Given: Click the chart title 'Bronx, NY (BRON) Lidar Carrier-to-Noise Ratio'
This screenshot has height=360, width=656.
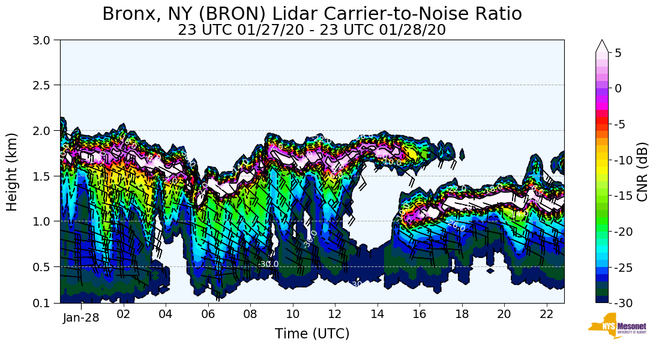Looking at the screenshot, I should tap(311, 14).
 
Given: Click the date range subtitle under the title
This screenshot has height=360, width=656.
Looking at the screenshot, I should tap(311, 29).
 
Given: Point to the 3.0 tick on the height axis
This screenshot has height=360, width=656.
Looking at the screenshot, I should tap(46, 40).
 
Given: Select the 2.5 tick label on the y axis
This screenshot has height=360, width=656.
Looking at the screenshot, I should tap(46, 85).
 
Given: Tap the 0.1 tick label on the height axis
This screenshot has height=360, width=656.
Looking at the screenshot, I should tap(46, 303).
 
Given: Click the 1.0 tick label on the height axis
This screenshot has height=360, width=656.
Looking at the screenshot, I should tap(46, 221).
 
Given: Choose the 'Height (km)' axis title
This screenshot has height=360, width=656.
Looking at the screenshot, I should tap(13, 172).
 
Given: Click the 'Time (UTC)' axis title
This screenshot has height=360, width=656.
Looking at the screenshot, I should tap(311, 334).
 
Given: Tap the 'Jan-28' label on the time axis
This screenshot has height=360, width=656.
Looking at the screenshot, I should tap(81, 317).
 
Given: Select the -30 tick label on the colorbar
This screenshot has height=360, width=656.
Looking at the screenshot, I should tap(623, 303).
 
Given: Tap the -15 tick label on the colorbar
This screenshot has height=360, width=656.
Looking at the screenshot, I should tap(623, 196).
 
